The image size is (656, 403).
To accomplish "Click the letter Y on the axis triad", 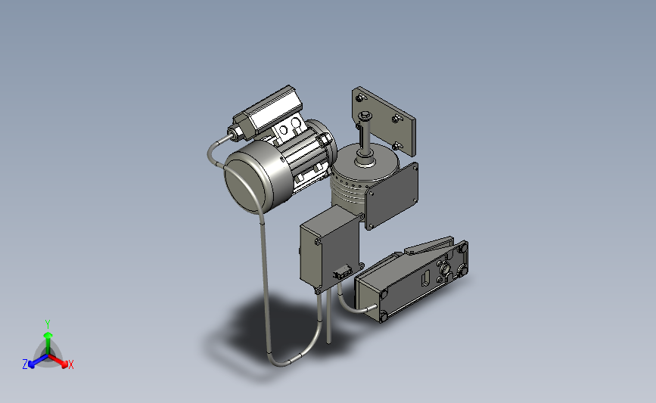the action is point(47,324).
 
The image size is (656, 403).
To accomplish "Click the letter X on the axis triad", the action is point(70,364).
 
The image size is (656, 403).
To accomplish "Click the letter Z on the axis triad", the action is point(25,364).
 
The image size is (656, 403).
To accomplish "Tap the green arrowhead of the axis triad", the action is point(48,335).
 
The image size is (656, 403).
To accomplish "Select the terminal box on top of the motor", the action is point(268,111).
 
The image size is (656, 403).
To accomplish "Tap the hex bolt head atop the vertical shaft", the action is point(364,114).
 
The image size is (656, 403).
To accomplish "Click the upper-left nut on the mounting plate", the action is point(360,98).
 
